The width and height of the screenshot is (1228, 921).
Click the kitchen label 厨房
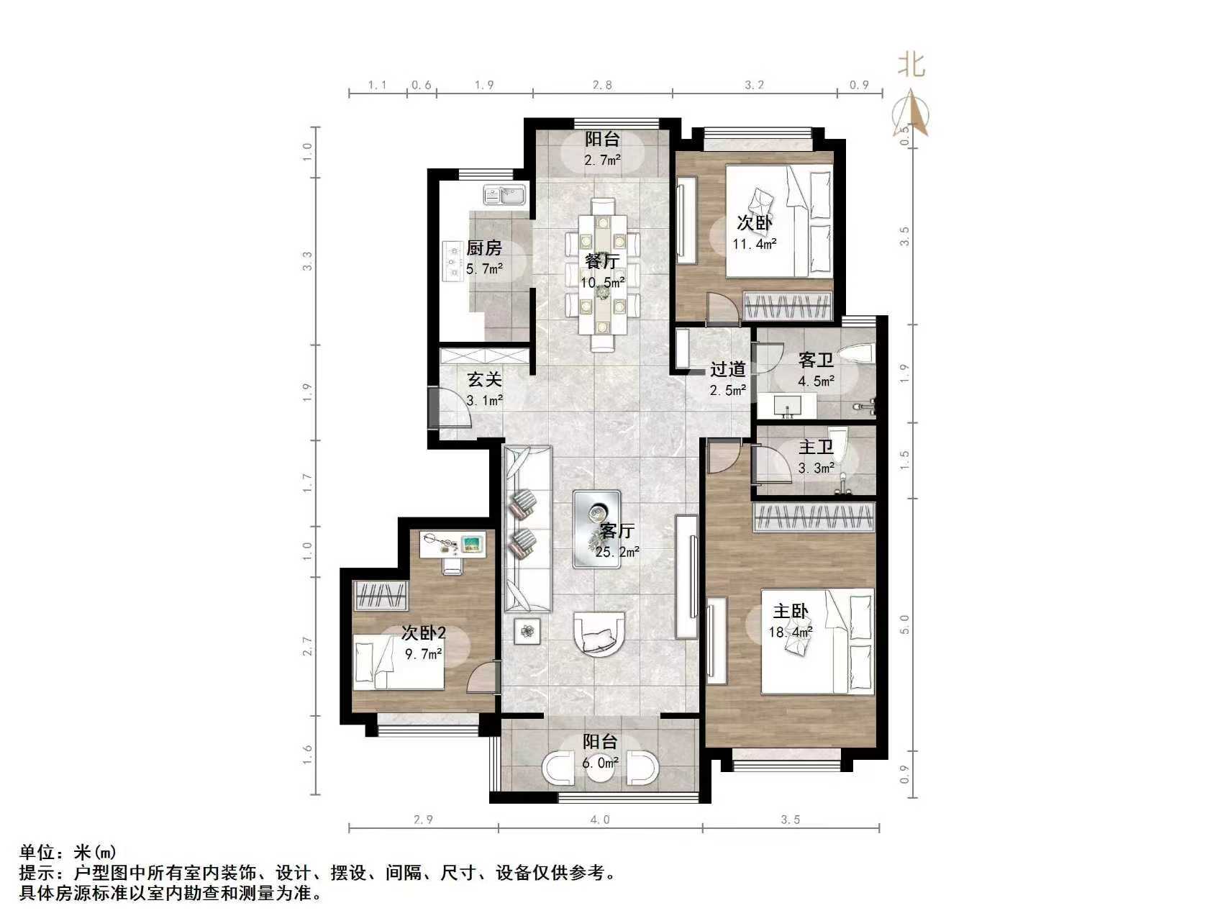click(x=483, y=249)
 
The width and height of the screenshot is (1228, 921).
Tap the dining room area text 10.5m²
click(x=602, y=283)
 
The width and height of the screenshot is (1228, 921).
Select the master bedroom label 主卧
click(x=790, y=612)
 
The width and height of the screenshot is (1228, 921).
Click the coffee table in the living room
click(x=596, y=529)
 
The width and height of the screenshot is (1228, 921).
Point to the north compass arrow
click(x=911, y=112)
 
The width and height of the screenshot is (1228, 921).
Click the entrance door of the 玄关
click(x=435, y=408)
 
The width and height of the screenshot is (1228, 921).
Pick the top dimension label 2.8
click(x=602, y=85)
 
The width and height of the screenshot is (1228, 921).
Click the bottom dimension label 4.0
click(x=600, y=820)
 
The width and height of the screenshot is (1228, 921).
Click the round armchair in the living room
click(x=599, y=633)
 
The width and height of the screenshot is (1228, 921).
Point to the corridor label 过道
click(x=727, y=370)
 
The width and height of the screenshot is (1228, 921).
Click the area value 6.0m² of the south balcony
click(x=600, y=763)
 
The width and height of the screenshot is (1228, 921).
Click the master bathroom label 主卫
click(x=816, y=448)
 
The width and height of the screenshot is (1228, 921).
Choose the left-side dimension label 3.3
click(x=307, y=260)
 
